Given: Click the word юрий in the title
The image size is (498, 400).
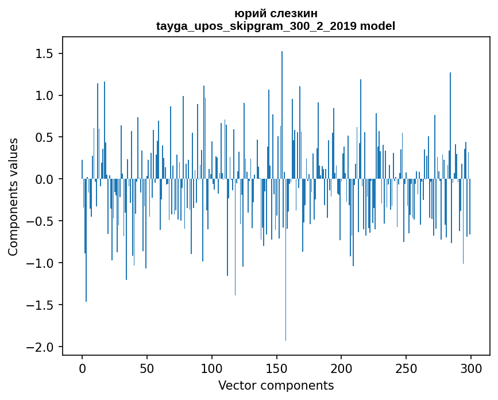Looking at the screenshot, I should click(x=248, y=13).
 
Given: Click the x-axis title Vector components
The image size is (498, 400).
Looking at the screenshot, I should click(x=276, y=386).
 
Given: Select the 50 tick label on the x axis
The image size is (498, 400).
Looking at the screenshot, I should click(x=147, y=368).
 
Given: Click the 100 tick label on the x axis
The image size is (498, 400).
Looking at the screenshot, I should click(x=212, y=368).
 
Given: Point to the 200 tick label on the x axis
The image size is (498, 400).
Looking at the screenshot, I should click(x=341, y=368).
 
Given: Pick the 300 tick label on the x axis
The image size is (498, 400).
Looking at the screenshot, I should click(x=471, y=368).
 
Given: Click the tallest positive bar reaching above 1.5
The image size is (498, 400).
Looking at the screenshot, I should click(x=282, y=115).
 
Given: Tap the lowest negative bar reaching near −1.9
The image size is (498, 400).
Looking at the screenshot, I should click(x=285, y=259).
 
